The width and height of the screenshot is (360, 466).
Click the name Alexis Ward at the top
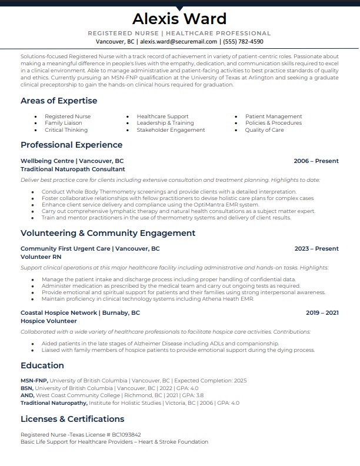coord(179,18)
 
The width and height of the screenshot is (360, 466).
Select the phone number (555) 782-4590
coord(242,42)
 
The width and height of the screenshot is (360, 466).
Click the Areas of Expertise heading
coord(59,101)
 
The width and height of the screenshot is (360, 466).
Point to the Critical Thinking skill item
coord(66,130)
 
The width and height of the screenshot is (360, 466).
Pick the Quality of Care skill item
coord(264,130)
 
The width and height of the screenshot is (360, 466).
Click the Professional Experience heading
coord(71,145)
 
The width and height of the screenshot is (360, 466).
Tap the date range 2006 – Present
coord(316,161)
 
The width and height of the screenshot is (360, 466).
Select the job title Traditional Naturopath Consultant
coord(73,169)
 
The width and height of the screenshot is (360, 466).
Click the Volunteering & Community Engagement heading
coord(108,233)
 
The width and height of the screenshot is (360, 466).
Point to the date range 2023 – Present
coord(316,249)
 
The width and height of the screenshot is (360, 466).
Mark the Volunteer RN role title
coord(41,257)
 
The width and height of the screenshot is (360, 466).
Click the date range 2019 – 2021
coord(322,313)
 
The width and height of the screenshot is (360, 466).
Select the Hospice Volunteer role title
coord(49,321)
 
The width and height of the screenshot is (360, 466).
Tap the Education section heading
coord(42,365)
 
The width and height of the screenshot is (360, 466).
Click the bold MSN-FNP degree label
coord(34,381)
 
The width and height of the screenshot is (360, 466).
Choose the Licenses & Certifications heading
coord(72,419)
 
